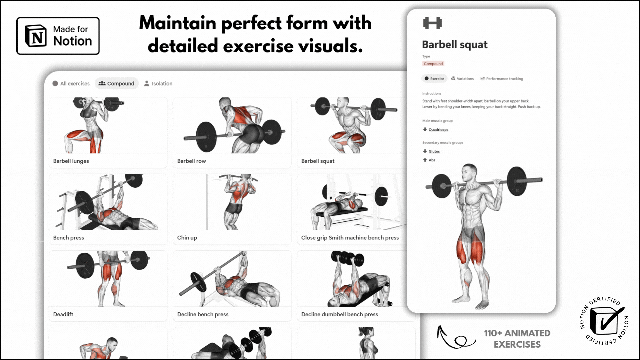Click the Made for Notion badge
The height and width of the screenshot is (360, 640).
click(58, 36)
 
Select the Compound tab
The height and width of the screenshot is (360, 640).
click(117, 83)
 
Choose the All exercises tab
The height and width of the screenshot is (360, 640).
click(71, 83)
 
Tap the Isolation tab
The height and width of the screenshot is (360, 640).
click(158, 83)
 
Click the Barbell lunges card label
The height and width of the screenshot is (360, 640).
click(71, 161)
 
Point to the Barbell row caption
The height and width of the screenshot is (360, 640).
click(191, 161)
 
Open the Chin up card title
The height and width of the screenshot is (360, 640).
click(187, 238)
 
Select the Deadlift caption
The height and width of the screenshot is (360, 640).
click(63, 314)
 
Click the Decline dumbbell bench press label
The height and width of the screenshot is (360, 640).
click(339, 314)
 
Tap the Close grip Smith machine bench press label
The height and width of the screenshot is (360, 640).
click(350, 238)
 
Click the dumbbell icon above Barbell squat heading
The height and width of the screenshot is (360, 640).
click(432, 23)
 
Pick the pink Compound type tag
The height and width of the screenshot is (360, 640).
click(433, 64)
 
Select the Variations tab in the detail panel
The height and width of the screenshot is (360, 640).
click(462, 79)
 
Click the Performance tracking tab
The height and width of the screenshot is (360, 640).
click(502, 79)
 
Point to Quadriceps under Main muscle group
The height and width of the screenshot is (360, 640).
click(436, 130)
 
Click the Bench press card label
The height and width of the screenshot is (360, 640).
click(68, 238)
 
